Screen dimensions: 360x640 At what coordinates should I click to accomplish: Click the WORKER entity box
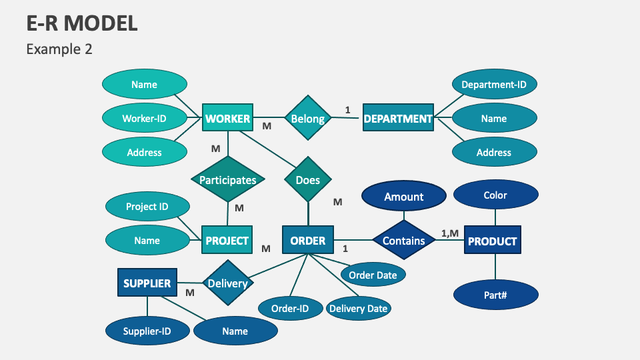click(x=228, y=119)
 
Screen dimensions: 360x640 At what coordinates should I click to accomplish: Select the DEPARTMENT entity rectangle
click(x=398, y=119)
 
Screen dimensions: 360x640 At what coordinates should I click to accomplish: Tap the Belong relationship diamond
click(x=308, y=119)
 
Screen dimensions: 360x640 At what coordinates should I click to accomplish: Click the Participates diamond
click(x=228, y=180)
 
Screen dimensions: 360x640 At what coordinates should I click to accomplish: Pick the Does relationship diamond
click(x=308, y=180)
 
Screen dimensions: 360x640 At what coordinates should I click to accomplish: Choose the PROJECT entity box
click(x=227, y=241)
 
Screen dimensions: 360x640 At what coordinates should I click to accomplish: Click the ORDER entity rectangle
click(x=308, y=241)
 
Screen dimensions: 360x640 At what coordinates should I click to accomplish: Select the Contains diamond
click(x=404, y=241)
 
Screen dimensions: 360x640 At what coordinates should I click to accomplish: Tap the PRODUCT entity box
click(x=493, y=241)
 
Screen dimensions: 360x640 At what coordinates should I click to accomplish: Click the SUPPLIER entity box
click(x=147, y=283)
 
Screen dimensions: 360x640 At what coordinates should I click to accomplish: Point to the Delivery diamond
click(x=227, y=283)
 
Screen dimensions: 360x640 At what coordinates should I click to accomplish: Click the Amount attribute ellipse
click(x=404, y=197)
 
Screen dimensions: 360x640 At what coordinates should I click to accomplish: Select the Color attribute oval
click(x=495, y=195)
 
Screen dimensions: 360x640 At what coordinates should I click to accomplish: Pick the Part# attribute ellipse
click(x=495, y=294)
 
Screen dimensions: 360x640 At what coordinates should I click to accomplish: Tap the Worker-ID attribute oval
click(x=144, y=119)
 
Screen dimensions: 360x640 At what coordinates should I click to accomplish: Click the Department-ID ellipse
click(x=494, y=85)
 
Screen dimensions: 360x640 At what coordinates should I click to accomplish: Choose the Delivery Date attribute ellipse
click(x=358, y=308)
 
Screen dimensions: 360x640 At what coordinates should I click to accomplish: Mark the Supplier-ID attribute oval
click(x=147, y=331)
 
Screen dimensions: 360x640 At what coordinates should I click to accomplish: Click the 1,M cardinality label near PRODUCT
click(x=450, y=233)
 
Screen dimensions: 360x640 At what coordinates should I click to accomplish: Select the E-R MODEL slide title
click(x=82, y=23)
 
